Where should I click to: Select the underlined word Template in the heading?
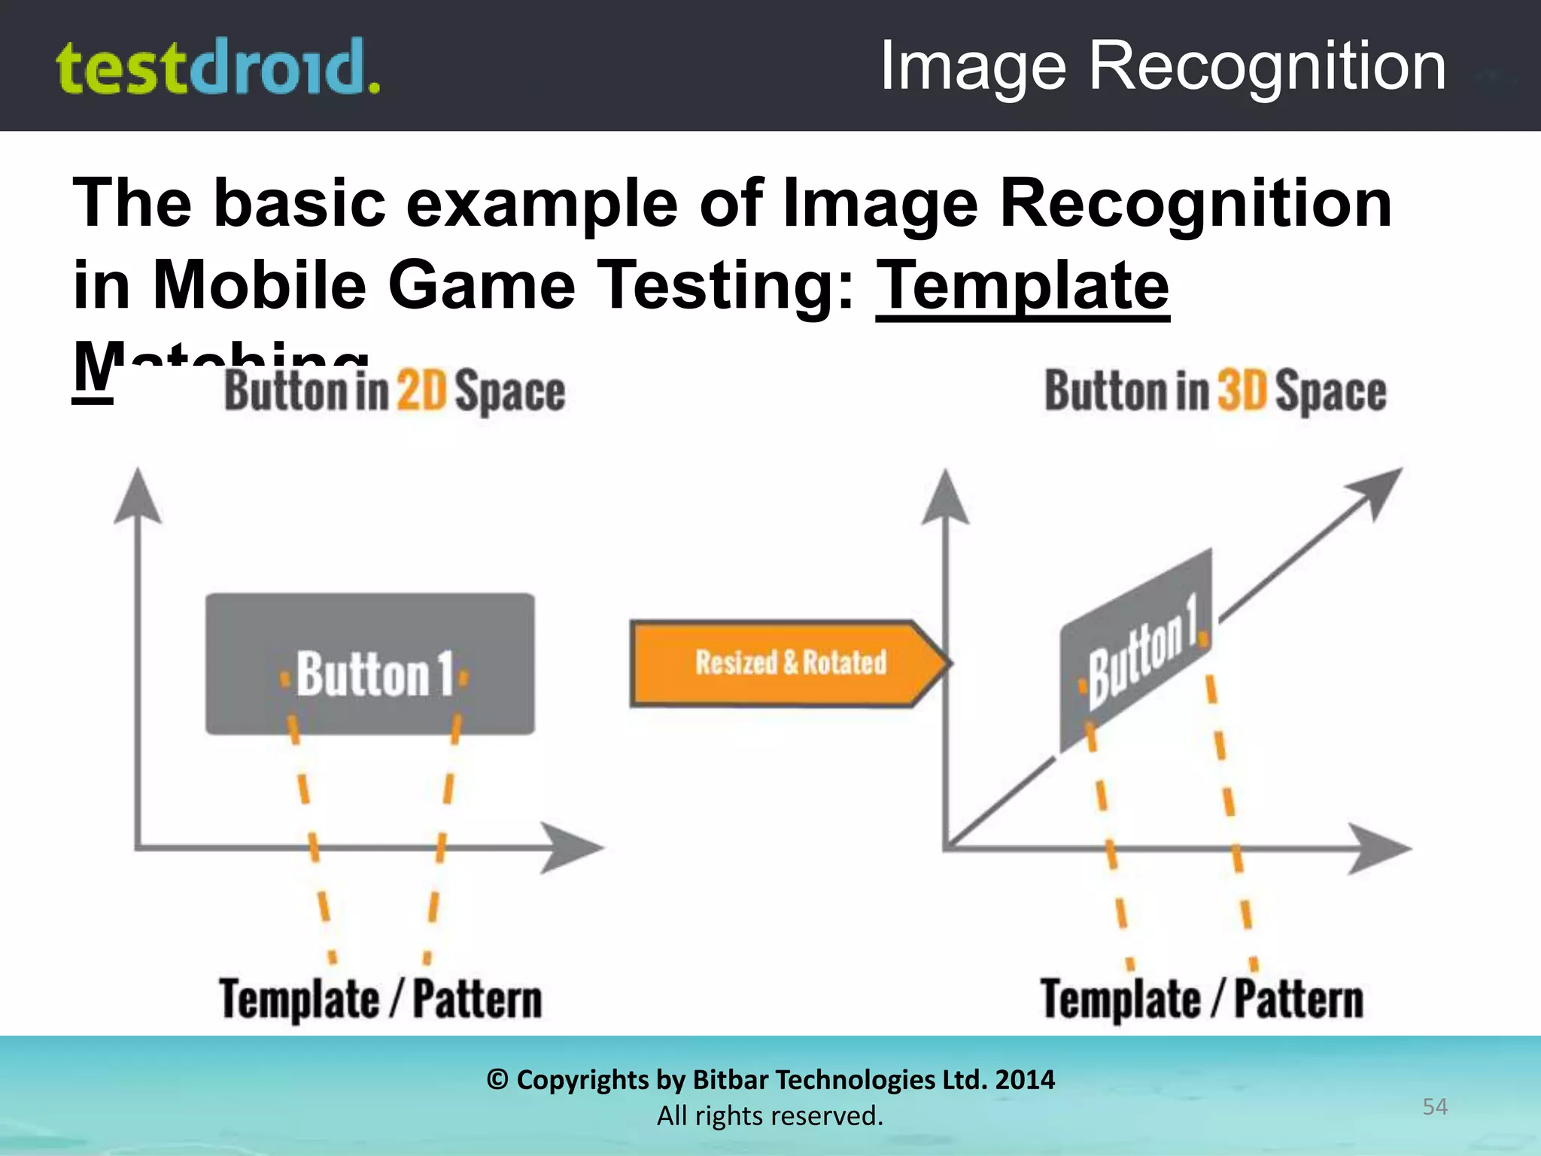1023,286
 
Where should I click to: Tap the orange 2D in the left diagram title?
421,391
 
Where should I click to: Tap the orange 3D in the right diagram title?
1242,391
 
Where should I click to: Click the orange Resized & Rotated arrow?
790,663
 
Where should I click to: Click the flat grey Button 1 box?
370,664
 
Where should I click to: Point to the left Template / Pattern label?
381,999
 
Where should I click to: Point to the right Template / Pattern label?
1202,999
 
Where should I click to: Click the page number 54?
1434,1106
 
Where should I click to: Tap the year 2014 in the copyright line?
1025,1080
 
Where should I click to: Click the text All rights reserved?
770,1116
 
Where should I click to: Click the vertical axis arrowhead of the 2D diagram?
137,497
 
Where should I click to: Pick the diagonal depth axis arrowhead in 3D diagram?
1377,489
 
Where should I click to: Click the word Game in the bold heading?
482,286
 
